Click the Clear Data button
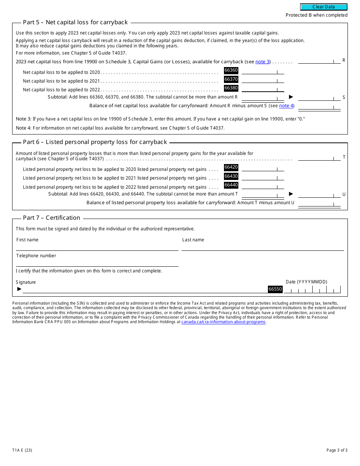tap(324, 7)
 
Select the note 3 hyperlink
tap(263, 62)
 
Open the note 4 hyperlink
tap(286, 106)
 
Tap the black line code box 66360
tap(231, 70)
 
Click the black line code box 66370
tap(231, 79)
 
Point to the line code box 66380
tap(231, 88)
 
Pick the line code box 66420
tap(231, 167)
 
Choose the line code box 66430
tap(231, 176)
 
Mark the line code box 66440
tap(231, 185)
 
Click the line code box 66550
tap(275, 289)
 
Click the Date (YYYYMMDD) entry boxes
tap(312, 290)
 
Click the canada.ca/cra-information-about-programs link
tap(224, 322)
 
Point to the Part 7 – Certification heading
tap(52, 218)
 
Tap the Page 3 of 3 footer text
tap(337, 450)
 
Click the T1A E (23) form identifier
tap(22, 450)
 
